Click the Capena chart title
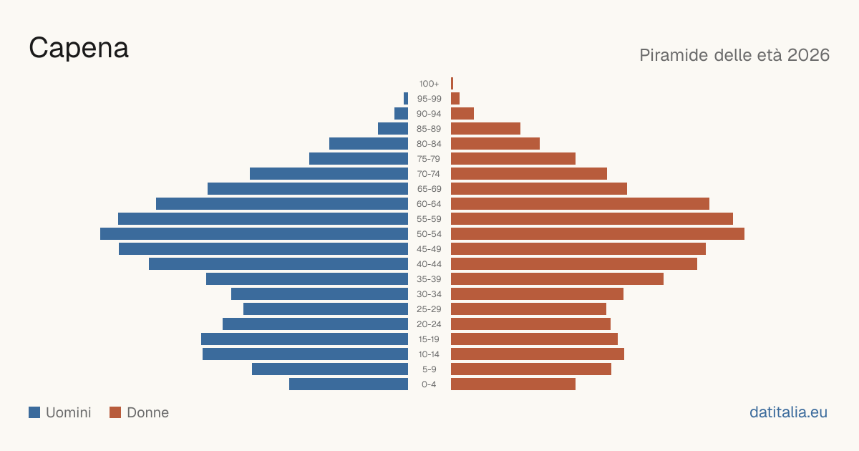(79, 48)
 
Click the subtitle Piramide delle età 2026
(734, 55)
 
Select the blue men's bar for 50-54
(254, 234)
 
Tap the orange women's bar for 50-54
(598, 234)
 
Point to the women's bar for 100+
(452, 84)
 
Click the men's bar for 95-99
(406, 99)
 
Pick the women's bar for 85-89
(485, 128)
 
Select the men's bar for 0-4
(349, 384)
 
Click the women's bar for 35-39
(557, 278)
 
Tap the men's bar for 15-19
(304, 339)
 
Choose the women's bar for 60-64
(581, 203)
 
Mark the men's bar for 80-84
(369, 144)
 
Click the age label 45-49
(429, 249)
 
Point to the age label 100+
(429, 84)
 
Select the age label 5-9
(429, 369)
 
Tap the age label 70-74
(429, 174)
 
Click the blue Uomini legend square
(34, 412)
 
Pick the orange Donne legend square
(115, 412)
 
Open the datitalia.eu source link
(788, 412)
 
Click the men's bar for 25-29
(326, 309)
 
